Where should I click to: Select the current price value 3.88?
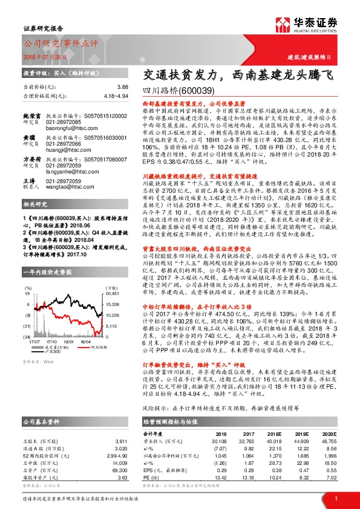pos(123,87)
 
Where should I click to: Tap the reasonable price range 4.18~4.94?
pos(116,96)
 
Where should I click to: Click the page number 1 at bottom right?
pos(335,499)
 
